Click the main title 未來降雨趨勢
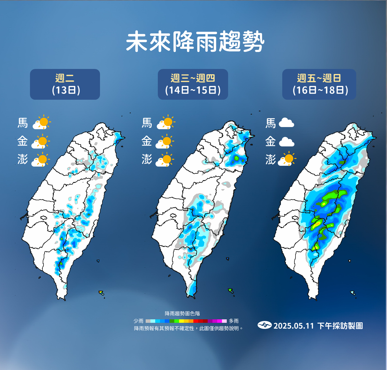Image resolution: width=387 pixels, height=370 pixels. point(195,42)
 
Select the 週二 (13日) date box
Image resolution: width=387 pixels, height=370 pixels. point(65,84)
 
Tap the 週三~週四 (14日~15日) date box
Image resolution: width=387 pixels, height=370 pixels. point(193,84)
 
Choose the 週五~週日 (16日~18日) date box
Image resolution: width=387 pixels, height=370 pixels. point(319,84)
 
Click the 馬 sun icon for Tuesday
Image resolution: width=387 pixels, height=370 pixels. point(42,122)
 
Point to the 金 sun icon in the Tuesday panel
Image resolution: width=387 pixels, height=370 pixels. point(41,141)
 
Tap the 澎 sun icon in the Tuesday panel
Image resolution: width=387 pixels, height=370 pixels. point(41,160)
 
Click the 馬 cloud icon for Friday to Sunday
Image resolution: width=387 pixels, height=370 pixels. point(286,123)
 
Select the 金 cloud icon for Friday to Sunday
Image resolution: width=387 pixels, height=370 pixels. point(286,142)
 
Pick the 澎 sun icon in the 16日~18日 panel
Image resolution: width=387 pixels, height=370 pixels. point(287,159)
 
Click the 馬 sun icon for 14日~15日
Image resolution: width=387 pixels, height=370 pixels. point(166,122)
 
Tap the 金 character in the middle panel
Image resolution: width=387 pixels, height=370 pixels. point(147,141)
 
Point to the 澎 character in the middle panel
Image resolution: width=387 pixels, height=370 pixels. point(147,159)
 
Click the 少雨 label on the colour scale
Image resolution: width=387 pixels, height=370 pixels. point(138,321)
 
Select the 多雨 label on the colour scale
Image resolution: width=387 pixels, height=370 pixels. point(234,321)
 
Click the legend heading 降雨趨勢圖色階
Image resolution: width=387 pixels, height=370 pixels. point(182,314)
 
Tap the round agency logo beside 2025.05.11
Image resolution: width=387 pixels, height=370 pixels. point(264,325)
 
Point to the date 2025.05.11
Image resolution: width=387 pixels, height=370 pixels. point(294,326)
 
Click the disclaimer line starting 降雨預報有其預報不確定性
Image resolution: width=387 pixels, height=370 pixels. point(188,328)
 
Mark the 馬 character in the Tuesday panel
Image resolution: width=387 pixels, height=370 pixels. point(23,123)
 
